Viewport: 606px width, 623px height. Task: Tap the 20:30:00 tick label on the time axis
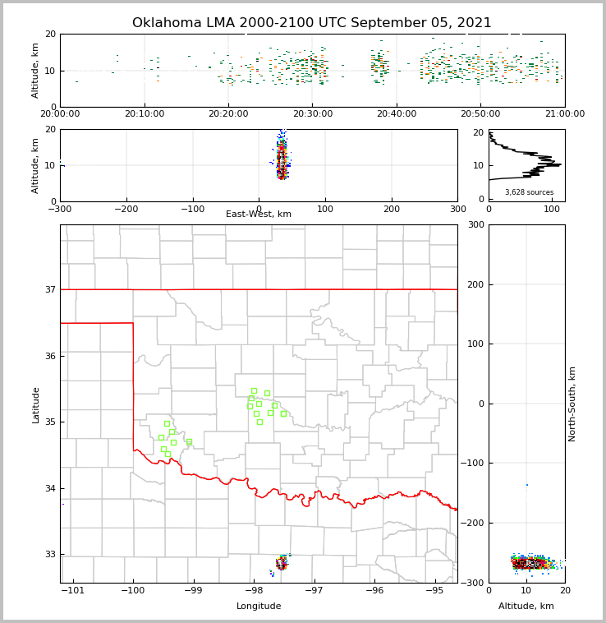(x=313, y=114)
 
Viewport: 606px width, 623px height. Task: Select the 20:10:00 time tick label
(x=145, y=114)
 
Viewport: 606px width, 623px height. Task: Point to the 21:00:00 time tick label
(x=565, y=114)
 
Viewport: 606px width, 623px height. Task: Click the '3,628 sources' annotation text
(x=529, y=192)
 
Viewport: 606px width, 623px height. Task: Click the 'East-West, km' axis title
(x=259, y=215)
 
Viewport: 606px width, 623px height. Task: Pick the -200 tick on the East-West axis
(x=126, y=209)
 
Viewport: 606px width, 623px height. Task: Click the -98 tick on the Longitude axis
(x=254, y=590)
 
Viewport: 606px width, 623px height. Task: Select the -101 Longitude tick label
(x=73, y=590)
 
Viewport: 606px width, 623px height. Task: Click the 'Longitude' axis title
(x=259, y=607)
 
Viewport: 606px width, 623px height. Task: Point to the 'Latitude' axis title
(x=36, y=404)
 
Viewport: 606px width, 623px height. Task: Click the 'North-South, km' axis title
(x=572, y=404)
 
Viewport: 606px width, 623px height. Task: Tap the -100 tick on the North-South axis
(x=473, y=464)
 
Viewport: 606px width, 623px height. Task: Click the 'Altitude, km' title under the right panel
(x=526, y=607)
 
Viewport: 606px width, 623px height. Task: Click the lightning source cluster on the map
(x=282, y=563)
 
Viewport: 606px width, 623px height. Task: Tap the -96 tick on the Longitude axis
(x=374, y=590)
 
